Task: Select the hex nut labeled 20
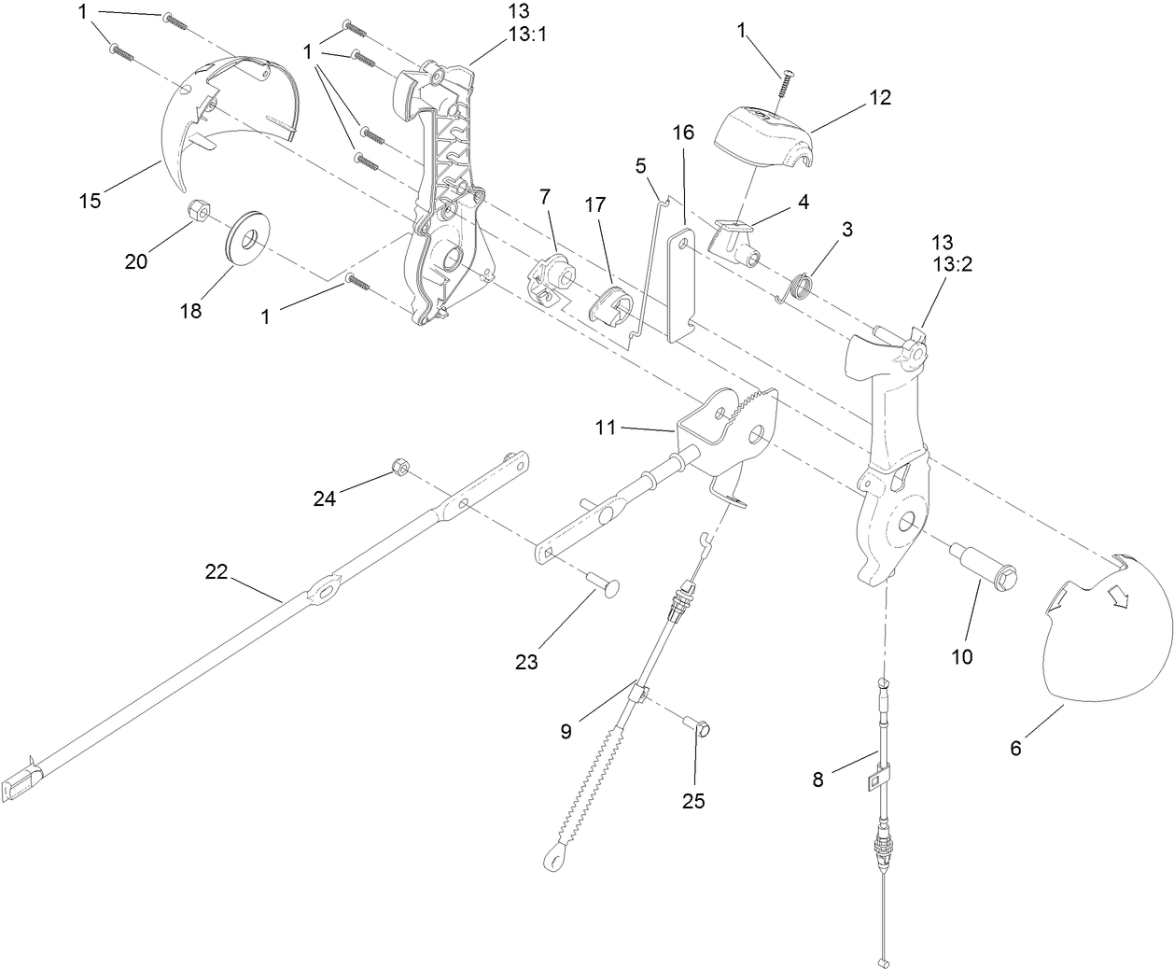tap(197, 211)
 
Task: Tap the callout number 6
tap(1016, 748)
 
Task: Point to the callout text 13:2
tap(953, 264)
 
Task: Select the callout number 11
tap(607, 427)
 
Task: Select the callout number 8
tap(818, 779)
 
